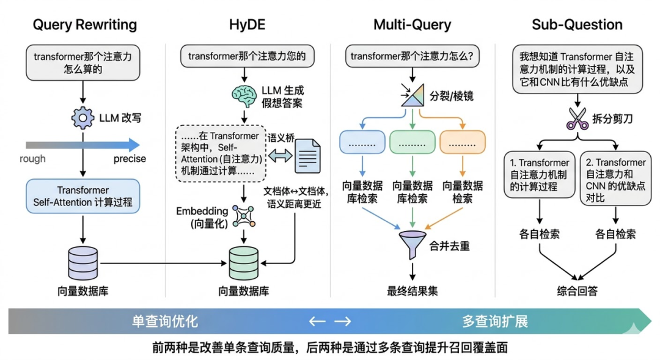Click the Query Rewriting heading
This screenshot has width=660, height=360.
click(x=85, y=25)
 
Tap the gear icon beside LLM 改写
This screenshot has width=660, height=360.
click(x=82, y=117)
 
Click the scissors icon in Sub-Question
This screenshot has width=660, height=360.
click(x=577, y=119)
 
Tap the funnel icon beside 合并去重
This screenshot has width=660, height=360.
click(x=412, y=243)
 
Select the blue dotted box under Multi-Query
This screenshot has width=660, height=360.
click(x=362, y=142)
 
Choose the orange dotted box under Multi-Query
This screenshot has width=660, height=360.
click(x=462, y=142)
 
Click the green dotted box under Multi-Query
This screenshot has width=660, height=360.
click(x=412, y=142)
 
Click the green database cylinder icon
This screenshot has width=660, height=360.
click(x=243, y=263)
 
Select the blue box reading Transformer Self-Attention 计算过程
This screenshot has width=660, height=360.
click(x=82, y=196)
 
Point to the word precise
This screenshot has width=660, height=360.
click(x=130, y=159)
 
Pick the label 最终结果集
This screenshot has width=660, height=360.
click(x=412, y=291)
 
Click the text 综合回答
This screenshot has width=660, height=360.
click(x=577, y=291)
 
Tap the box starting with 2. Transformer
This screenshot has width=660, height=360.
click(x=614, y=177)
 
